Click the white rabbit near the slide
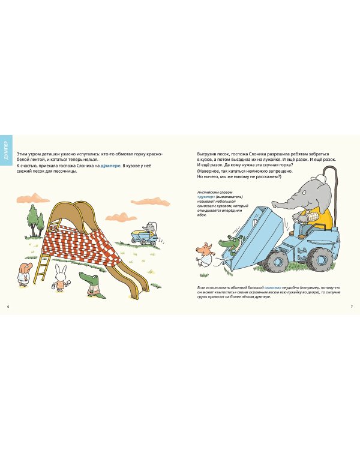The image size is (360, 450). [61, 278]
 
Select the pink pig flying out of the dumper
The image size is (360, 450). [206, 252]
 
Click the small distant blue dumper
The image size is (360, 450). [146, 234]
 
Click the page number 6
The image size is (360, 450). [8, 307]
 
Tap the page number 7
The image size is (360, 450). [352, 307]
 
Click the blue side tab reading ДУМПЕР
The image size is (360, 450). [7, 151]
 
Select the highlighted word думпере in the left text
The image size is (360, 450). [111, 166]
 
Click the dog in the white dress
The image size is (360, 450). [22, 274]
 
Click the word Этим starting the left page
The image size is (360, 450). [22, 154]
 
